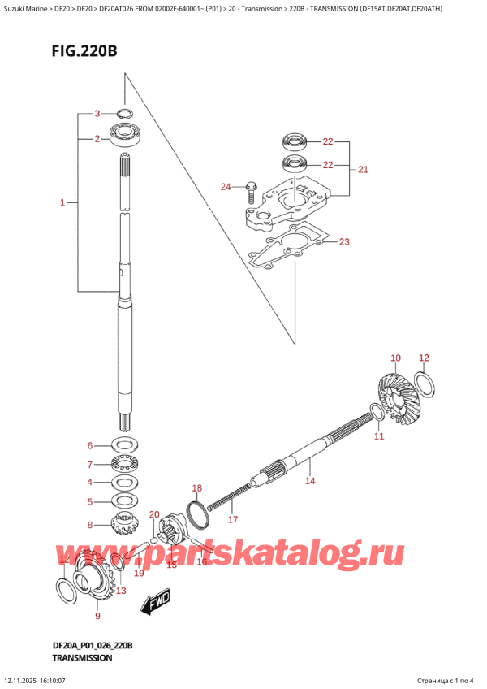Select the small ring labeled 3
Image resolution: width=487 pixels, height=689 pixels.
125,114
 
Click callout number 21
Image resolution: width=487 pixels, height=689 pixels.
363,170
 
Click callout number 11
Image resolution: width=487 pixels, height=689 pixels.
378,436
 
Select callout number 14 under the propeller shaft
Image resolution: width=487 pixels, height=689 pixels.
308,481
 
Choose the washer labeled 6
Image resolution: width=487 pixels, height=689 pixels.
124,445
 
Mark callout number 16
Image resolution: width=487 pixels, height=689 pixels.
202,561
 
